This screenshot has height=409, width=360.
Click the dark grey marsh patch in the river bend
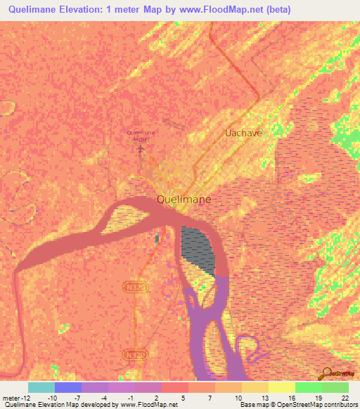click(198, 249)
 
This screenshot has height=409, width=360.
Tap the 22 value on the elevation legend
click(345, 397)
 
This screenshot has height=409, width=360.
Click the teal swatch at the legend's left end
click(41, 387)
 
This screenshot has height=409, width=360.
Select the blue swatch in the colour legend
click(67, 387)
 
